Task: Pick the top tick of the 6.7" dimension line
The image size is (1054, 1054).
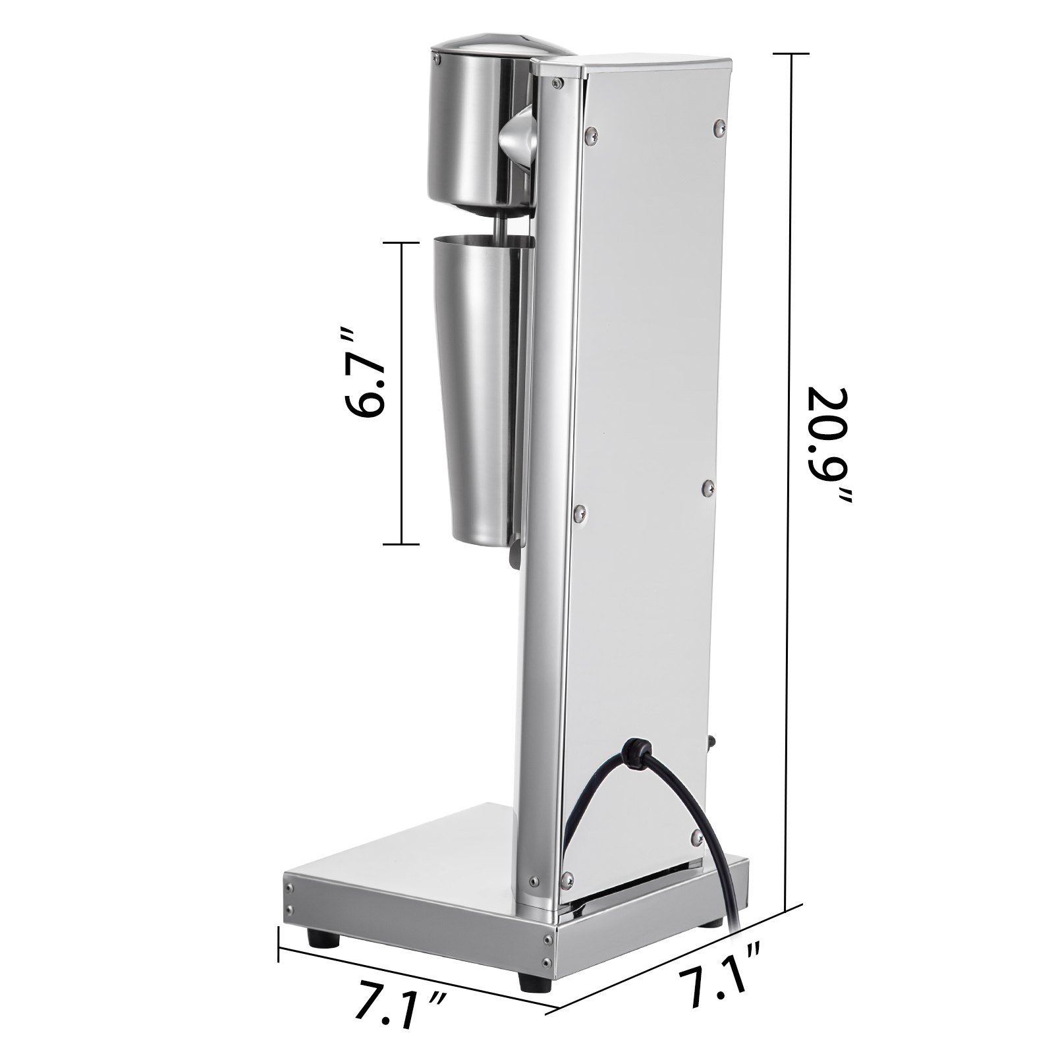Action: pos(400,243)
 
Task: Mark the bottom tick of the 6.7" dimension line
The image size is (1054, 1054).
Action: pos(400,544)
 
